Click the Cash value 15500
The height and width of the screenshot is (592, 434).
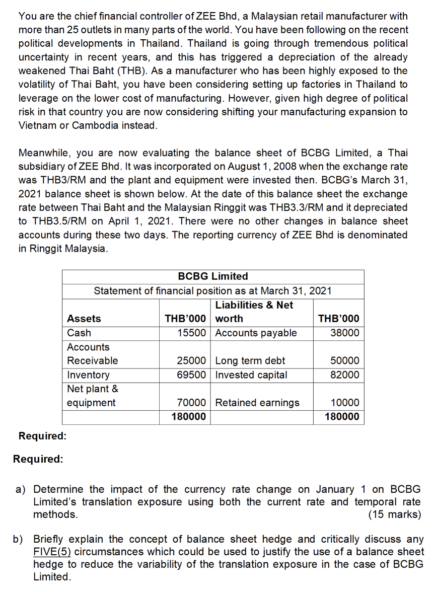coord(191,333)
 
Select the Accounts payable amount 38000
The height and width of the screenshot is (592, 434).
coord(345,333)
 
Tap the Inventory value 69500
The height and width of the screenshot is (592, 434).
coord(191,375)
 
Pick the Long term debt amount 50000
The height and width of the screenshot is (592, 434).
coord(345,360)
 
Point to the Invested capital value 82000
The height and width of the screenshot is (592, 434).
coord(345,375)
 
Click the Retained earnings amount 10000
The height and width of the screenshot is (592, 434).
coord(345,403)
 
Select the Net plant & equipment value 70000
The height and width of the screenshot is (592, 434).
coord(191,403)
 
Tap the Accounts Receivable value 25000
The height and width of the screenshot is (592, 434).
coord(191,360)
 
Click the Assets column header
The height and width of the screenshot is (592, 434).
coord(84,319)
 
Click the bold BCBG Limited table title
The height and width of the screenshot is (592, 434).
coord(213,276)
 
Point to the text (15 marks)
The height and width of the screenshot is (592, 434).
coord(394,514)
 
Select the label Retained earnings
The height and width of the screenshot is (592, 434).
coord(257,403)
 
